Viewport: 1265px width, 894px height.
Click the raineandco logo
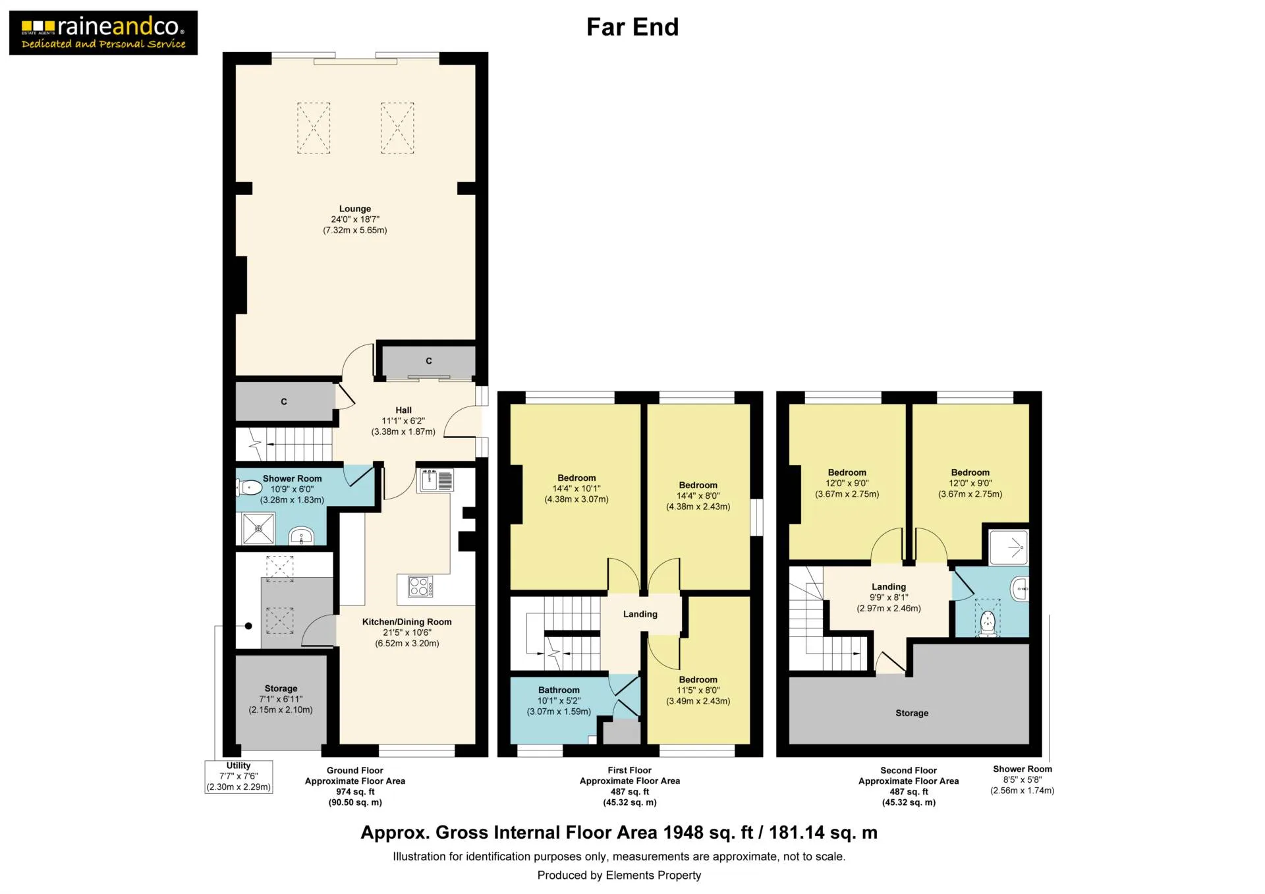click(103, 33)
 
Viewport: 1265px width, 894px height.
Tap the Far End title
click(632, 27)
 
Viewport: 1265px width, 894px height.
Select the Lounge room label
click(355, 209)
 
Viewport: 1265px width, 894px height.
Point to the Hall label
click(403, 410)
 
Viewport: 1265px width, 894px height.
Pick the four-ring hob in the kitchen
click(420, 586)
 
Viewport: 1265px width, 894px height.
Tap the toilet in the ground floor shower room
click(249, 488)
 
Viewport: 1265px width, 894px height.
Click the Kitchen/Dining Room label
click(407, 622)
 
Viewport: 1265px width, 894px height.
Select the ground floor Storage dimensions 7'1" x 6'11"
click(281, 699)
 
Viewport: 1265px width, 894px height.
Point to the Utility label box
click(239, 776)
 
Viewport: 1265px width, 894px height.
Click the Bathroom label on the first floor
click(559, 690)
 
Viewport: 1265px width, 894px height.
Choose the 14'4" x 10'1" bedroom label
click(576, 489)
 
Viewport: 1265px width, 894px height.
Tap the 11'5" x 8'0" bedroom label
click(698, 690)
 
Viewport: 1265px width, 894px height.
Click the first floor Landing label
click(640, 614)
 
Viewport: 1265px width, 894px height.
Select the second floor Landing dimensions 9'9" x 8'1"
click(889, 598)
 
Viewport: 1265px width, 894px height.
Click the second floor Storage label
click(912, 713)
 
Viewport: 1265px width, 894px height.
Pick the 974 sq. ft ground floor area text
click(355, 792)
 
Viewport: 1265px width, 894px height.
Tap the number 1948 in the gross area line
click(684, 833)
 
